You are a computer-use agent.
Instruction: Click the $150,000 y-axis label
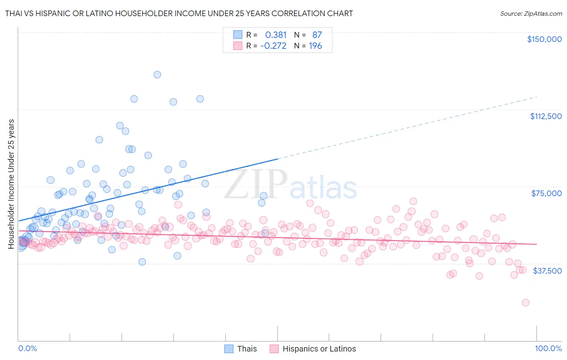[x=544, y=39]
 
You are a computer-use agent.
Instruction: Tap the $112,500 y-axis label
[x=546, y=116]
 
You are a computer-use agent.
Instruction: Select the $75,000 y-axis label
[x=546, y=193]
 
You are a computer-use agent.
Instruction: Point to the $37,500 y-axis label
[x=547, y=271]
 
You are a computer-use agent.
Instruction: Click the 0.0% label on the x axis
[x=27, y=348]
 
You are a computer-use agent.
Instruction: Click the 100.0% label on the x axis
[x=548, y=348]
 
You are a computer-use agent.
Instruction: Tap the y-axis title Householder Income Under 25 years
[x=11, y=184]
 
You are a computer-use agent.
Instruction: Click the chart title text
[x=179, y=13]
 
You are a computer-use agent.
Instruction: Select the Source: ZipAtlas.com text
[x=531, y=13]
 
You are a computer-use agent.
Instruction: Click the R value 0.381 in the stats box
[x=276, y=35]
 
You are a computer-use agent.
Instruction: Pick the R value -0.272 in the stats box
[x=273, y=46]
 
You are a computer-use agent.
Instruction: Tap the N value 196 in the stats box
[x=315, y=46]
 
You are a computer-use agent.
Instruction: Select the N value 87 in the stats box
[x=317, y=35]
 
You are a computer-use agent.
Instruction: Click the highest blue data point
[x=157, y=75]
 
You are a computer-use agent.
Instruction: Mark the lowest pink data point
[x=525, y=303]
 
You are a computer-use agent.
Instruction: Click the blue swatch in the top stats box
[x=238, y=35]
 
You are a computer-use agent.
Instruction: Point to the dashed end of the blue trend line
[x=536, y=97]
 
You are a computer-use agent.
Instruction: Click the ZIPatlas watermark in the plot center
[x=290, y=185]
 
